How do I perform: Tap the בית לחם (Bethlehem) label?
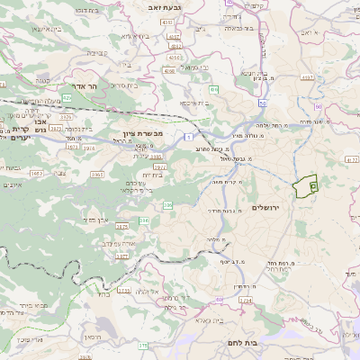click(x=263, y=342)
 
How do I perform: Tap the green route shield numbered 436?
click(x=214, y=90)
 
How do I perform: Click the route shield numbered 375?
click(x=143, y=345)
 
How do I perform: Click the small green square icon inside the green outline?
click(x=313, y=184)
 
